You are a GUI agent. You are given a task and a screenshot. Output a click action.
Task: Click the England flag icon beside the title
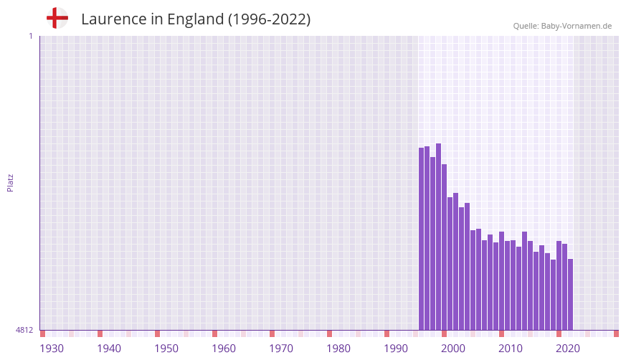point(57,19)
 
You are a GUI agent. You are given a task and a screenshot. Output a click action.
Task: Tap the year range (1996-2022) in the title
point(269,19)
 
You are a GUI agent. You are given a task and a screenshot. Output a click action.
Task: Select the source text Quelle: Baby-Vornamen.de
point(561,26)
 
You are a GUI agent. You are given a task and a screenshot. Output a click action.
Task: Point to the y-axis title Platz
point(10,182)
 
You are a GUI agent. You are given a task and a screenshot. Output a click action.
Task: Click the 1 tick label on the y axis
point(30,36)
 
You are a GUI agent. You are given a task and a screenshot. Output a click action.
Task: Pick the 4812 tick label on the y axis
point(24,330)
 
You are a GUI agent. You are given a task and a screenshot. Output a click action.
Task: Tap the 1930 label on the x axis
point(52,349)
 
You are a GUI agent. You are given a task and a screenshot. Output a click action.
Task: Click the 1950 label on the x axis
point(166,349)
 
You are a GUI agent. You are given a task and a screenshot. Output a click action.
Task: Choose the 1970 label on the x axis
point(281,349)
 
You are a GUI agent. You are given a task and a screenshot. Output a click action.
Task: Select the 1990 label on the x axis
point(396,349)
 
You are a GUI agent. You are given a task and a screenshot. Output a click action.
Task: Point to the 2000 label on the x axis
point(453,349)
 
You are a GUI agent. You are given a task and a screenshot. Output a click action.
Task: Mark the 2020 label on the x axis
point(568,349)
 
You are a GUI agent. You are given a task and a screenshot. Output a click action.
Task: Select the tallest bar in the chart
point(439,237)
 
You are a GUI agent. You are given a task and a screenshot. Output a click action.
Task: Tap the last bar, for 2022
point(571,294)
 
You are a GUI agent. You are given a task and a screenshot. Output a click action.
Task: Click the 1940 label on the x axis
point(109,349)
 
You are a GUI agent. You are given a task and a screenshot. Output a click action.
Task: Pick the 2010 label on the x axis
point(511,349)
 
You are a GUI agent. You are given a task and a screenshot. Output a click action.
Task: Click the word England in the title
point(195,19)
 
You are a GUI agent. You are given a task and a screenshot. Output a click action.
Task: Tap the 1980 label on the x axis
point(338,349)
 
